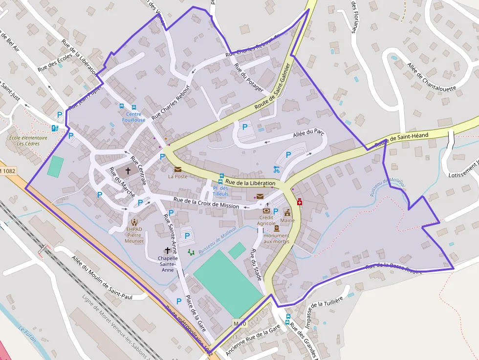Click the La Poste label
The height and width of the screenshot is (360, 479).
coord(178,176)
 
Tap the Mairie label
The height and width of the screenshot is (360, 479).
coord(287,220)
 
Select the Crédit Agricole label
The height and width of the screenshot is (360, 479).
coord(266,220)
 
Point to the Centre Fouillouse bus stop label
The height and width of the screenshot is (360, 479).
coord(133,117)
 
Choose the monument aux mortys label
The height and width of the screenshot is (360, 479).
coord(277,238)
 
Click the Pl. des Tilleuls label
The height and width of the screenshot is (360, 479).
coord(220,191)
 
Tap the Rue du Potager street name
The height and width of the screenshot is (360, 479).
coord(249,77)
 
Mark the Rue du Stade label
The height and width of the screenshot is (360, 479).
coord(257,264)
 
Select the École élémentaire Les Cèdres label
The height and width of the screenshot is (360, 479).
coord(28,141)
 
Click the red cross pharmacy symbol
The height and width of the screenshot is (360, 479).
coord(299,201)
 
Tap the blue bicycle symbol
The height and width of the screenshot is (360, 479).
coord(277,169)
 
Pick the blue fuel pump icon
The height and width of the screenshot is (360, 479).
coord(55,128)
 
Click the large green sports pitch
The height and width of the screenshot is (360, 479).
coord(228,284)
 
